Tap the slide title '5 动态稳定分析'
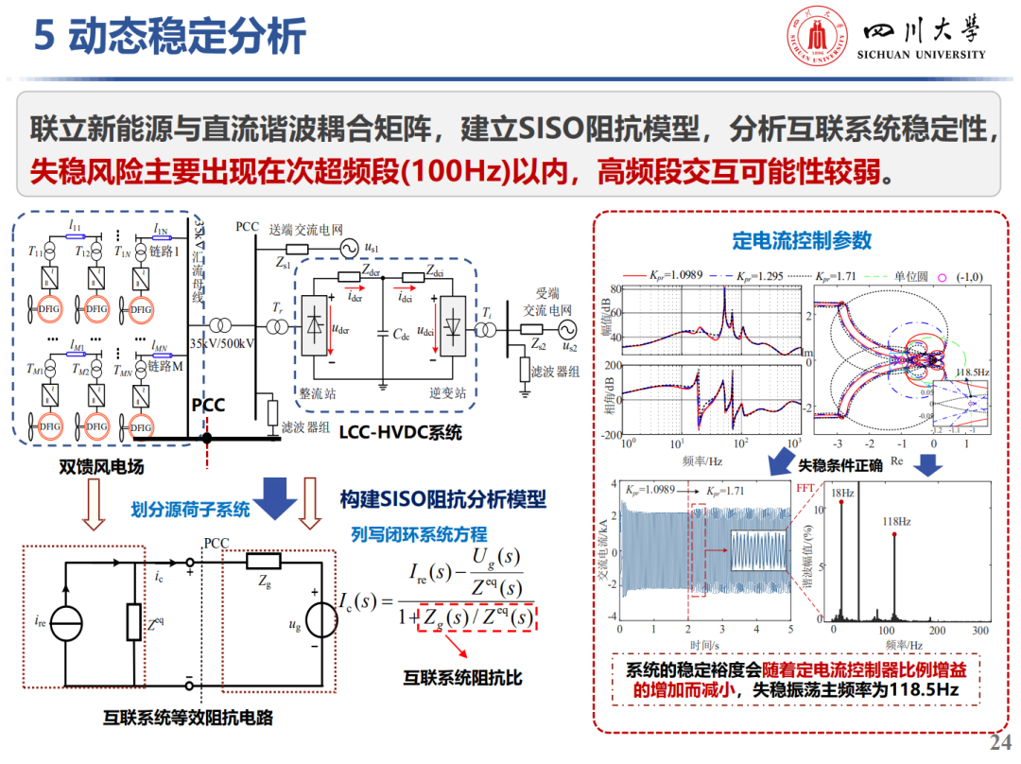(x=170, y=37)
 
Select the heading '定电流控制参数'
(x=802, y=241)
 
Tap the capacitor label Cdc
(x=402, y=336)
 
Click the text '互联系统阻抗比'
(x=463, y=678)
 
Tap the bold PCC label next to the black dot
(x=208, y=406)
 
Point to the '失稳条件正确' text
(x=840, y=465)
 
